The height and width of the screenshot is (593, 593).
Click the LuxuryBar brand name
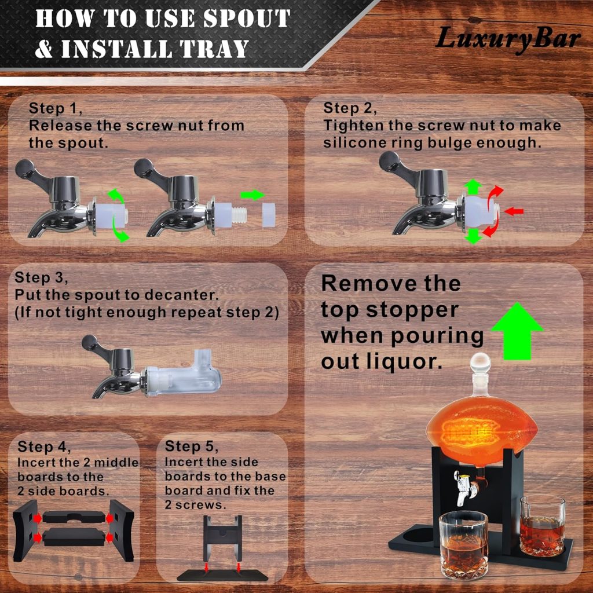point(508,39)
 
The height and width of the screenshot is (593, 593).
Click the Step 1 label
point(56,108)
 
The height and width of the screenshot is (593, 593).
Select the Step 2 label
point(350,108)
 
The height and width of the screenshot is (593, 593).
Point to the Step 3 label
point(41,277)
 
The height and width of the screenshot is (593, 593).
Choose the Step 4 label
point(44,446)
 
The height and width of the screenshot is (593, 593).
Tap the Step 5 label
point(191,446)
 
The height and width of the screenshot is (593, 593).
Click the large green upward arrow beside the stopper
point(517,331)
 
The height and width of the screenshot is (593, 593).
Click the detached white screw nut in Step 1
point(269,215)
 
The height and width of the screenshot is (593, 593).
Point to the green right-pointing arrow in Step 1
point(252,195)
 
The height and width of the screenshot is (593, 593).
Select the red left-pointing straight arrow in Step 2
point(514,211)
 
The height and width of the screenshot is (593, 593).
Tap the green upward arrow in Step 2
point(473,187)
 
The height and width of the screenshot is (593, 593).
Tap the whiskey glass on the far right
point(542,526)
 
